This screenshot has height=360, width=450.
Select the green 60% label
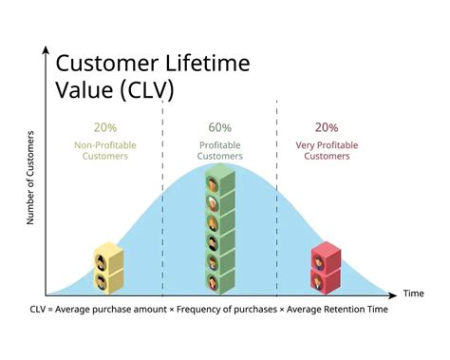pyautogui.click(x=219, y=127)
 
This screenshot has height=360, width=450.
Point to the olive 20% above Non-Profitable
pyautogui.click(x=104, y=127)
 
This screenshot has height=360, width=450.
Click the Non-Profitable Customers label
pyautogui.click(x=104, y=150)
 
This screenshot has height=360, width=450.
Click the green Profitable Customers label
pyautogui.click(x=220, y=150)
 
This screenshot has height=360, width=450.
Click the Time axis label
pyautogui.click(x=413, y=294)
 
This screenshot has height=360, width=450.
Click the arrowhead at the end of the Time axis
pyautogui.click(x=397, y=293)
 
